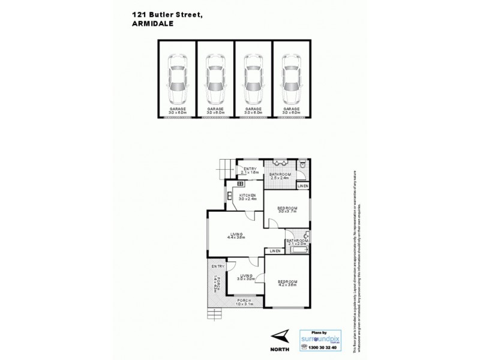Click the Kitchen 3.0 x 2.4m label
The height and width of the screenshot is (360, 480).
(x=248, y=197)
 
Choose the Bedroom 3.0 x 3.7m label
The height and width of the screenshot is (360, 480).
(x=287, y=210)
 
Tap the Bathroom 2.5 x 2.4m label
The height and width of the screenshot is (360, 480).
(x=280, y=176)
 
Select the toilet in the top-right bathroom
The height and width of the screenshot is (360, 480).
(x=304, y=164)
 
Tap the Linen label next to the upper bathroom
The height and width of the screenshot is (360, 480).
(x=303, y=187)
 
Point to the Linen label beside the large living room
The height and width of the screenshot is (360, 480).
(x=275, y=250)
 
